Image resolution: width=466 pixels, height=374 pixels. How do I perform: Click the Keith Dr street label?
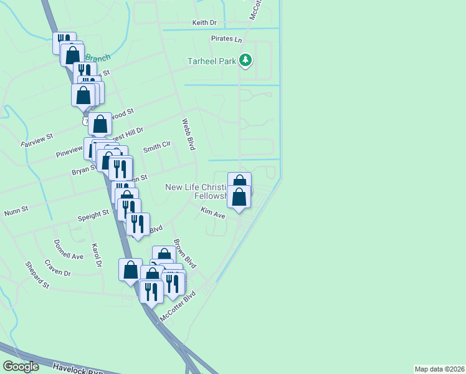[x=204, y=22]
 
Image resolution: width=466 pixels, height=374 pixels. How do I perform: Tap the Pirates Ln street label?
[x=226, y=39]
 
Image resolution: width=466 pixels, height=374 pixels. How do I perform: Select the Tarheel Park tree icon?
[x=246, y=60]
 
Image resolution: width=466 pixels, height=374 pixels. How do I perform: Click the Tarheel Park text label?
[x=212, y=61]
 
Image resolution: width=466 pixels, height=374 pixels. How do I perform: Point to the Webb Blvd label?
[x=189, y=135]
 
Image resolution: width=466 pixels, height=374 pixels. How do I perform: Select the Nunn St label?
[x=16, y=210]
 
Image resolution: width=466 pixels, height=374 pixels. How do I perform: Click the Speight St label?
[x=93, y=216]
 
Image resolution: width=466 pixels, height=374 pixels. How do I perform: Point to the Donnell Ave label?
[x=68, y=249]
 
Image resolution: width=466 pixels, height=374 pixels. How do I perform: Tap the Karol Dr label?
[x=96, y=256]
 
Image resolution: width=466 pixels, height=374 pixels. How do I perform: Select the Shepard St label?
[x=37, y=274]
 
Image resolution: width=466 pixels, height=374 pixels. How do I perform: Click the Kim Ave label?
[x=212, y=213]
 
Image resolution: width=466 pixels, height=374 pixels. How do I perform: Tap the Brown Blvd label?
[x=184, y=254]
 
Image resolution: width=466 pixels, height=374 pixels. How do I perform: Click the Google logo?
[x=21, y=367]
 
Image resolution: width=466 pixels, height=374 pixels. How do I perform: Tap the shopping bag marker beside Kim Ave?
[x=239, y=197]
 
